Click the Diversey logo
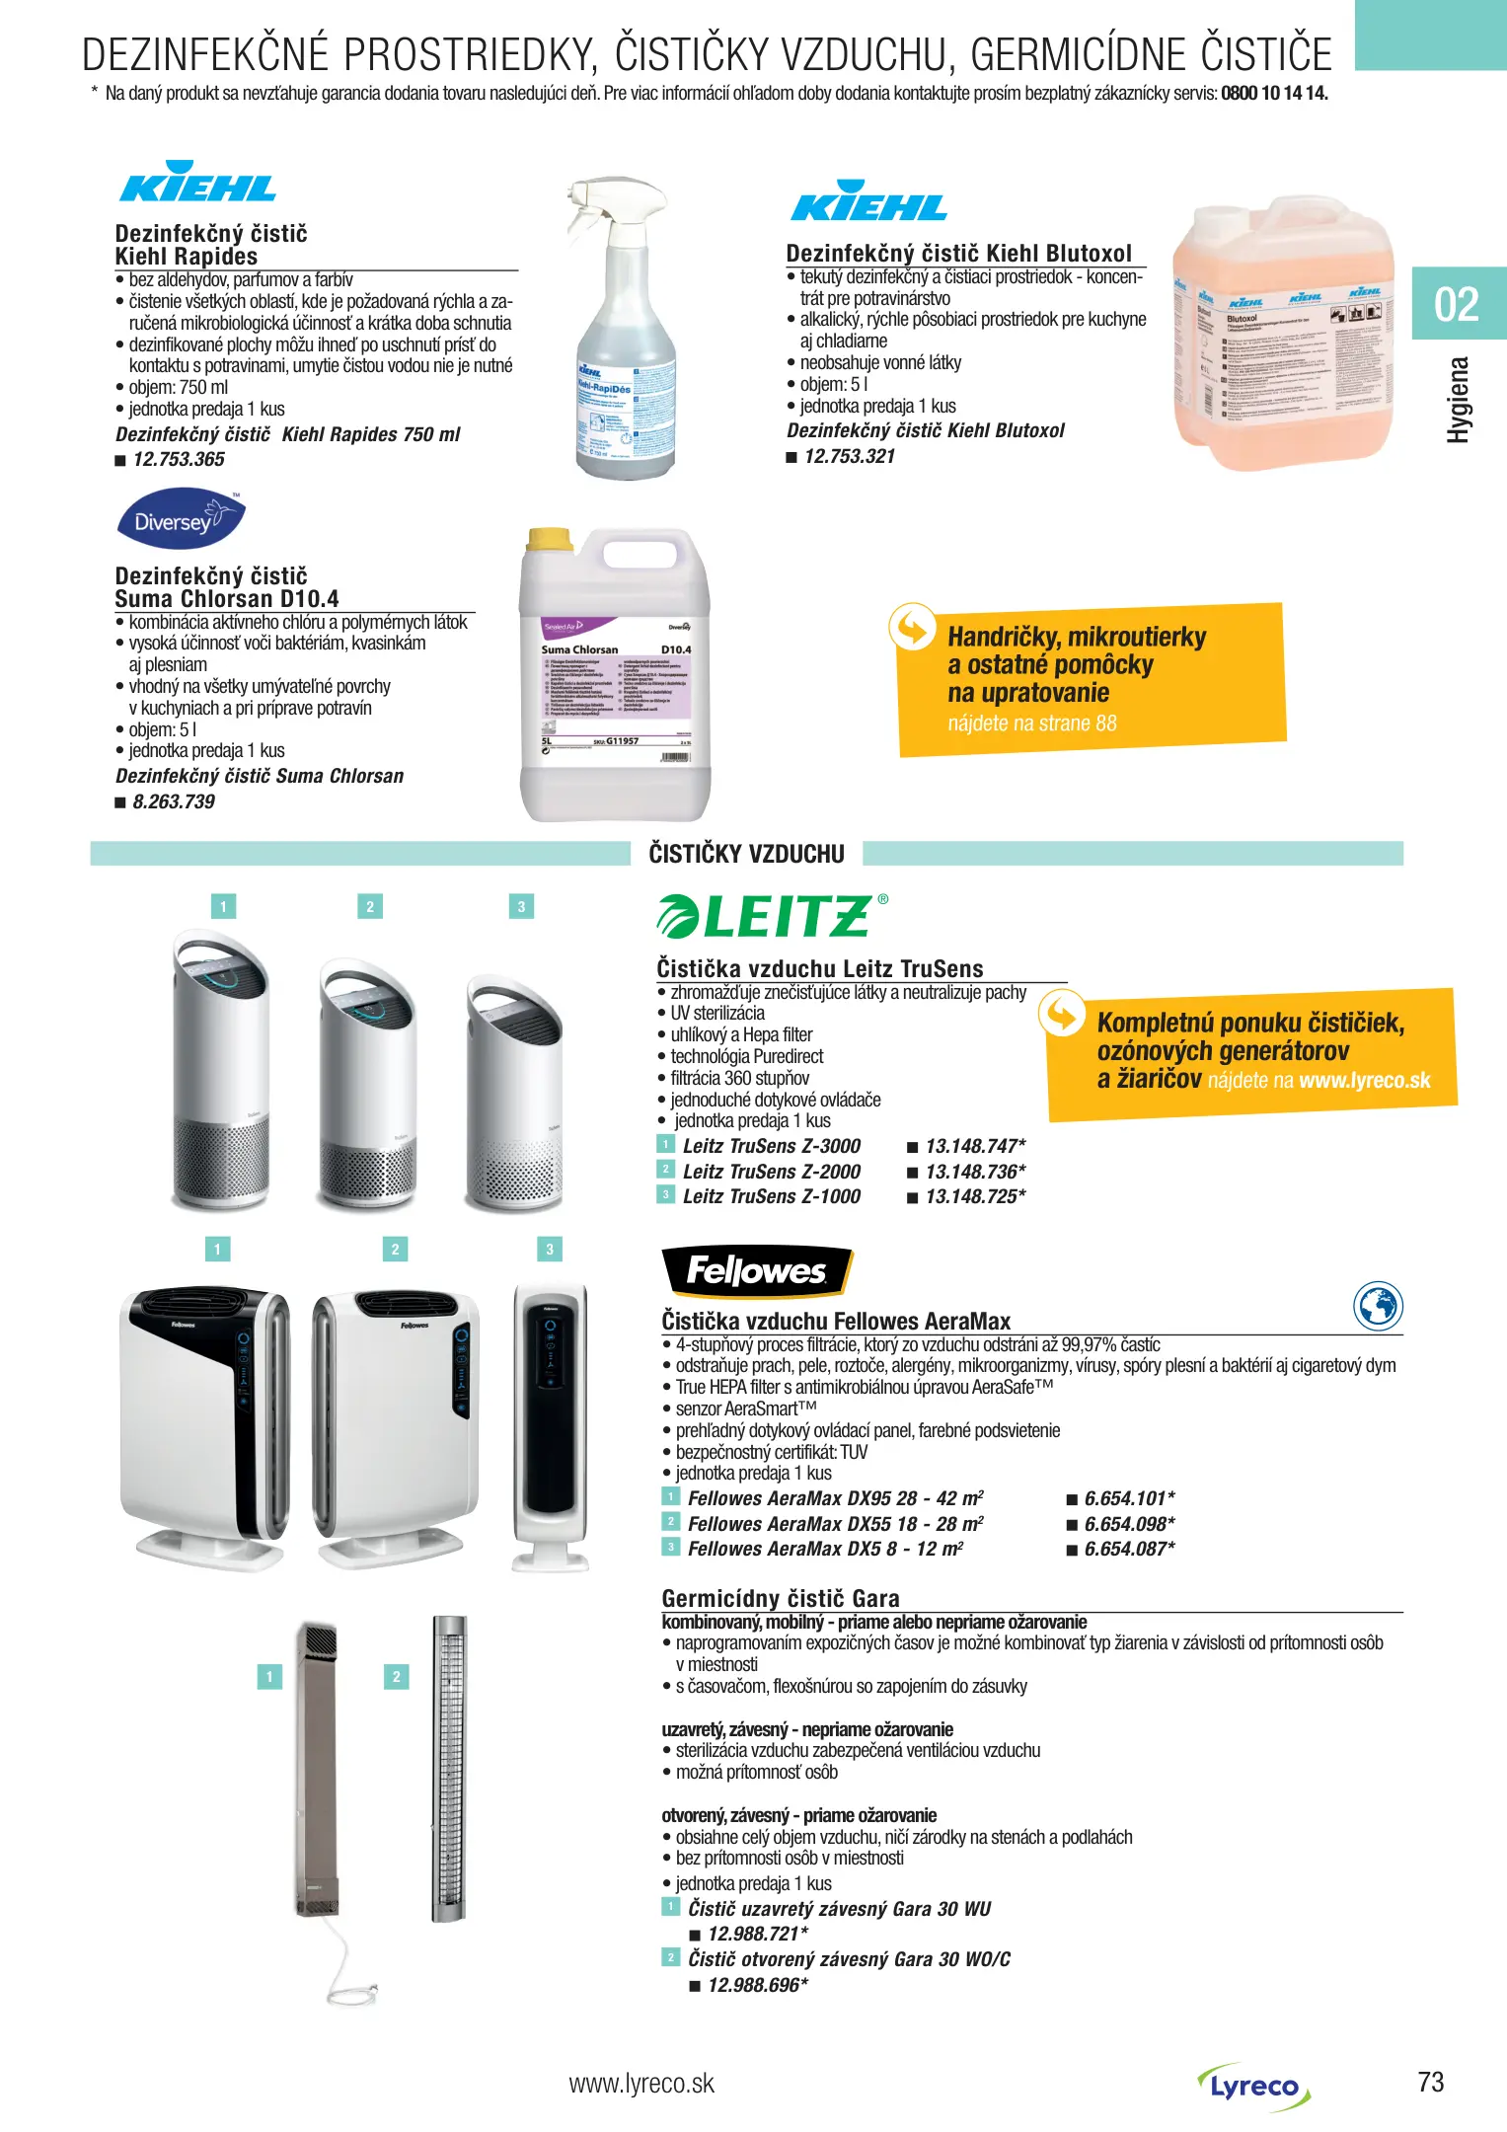click(x=181, y=519)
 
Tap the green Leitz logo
click(x=771, y=916)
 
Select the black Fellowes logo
click(x=756, y=1271)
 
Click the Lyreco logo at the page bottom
click(x=1254, y=2086)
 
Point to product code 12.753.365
click(x=179, y=460)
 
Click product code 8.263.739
click(x=174, y=802)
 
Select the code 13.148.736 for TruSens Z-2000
click(x=975, y=1172)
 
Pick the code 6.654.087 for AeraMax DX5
click(x=1129, y=1550)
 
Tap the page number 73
click(x=1430, y=2083)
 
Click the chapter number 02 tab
click(x=1457, y=304)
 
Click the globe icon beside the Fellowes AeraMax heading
click(x=1378, y=1307)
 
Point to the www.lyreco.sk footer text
click(x=641, y=2084)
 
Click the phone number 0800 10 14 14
click(x=1274, y=95)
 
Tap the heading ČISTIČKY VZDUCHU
click(x=746, y=855)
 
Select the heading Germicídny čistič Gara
click(x=781, y=1599)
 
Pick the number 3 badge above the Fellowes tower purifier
click(x=550, y=1250)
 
